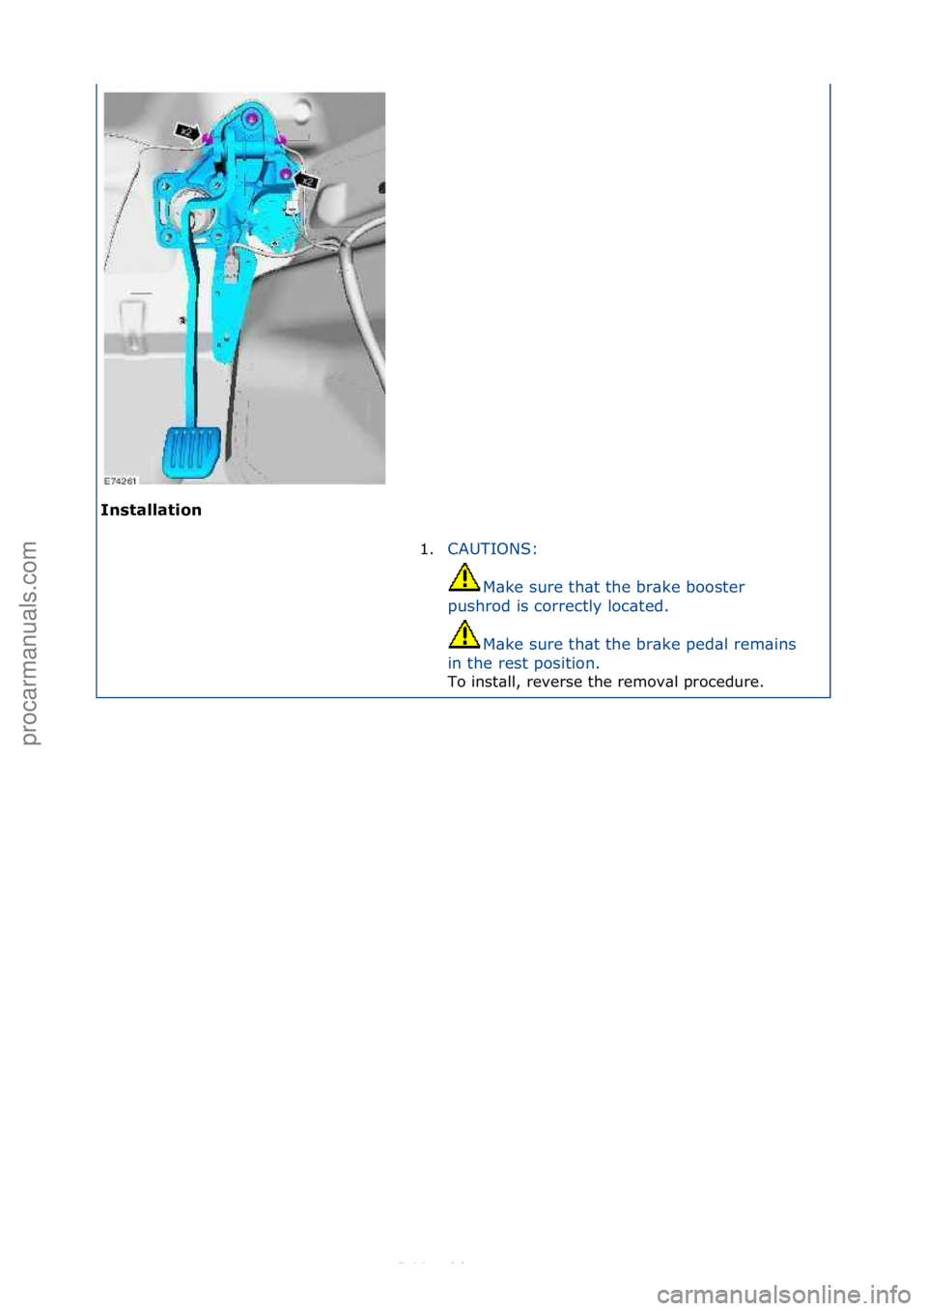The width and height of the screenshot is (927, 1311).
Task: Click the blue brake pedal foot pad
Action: [x=191, y=452]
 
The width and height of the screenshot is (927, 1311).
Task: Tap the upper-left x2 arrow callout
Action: [x=187, y=130]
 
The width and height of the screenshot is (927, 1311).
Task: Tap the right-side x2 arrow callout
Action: [x=306, y=180]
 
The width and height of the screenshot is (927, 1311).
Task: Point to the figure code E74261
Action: [x=121, y=480]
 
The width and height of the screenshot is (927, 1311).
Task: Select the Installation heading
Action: [x=151, y=510]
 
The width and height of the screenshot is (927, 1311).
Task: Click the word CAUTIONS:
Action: [x=492, y=548]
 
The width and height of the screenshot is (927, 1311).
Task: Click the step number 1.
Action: [x=426, y=549]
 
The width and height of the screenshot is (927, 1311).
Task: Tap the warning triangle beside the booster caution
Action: [x=463, y=577]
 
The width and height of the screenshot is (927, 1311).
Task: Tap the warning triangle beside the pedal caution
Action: [x=463, y=634]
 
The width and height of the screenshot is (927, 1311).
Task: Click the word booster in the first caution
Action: [x=715, y=587]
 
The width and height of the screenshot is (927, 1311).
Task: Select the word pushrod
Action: [x=479, y=606]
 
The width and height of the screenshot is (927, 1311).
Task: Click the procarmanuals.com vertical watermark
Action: [x=29, y=643]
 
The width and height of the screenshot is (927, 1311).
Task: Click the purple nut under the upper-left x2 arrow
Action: [x=208, y=140]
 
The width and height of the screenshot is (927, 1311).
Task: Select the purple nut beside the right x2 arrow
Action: [x=287, y=175]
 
